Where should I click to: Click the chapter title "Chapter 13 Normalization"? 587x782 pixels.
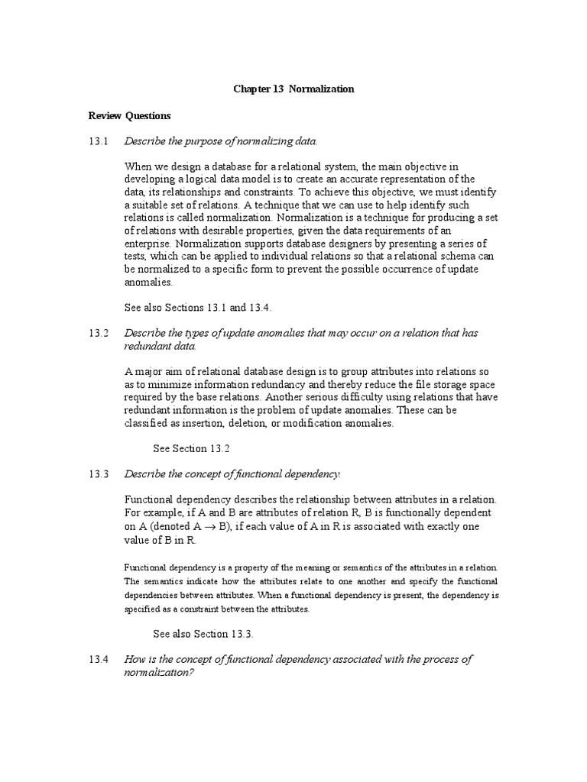tap(293, 89)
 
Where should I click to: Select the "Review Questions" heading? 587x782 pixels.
tap(129, 116)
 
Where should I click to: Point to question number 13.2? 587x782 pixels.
tap(99, 334)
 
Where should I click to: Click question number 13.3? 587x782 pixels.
tap(99, 474)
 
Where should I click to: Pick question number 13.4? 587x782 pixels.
tap(99, 659)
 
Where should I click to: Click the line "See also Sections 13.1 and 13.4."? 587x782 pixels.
tap(198, 308)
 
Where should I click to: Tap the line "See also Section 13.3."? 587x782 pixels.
tap(203, 634)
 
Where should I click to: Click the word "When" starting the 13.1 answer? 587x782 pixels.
tap(137, 166)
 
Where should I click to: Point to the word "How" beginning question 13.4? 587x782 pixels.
tap(135, 659)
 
